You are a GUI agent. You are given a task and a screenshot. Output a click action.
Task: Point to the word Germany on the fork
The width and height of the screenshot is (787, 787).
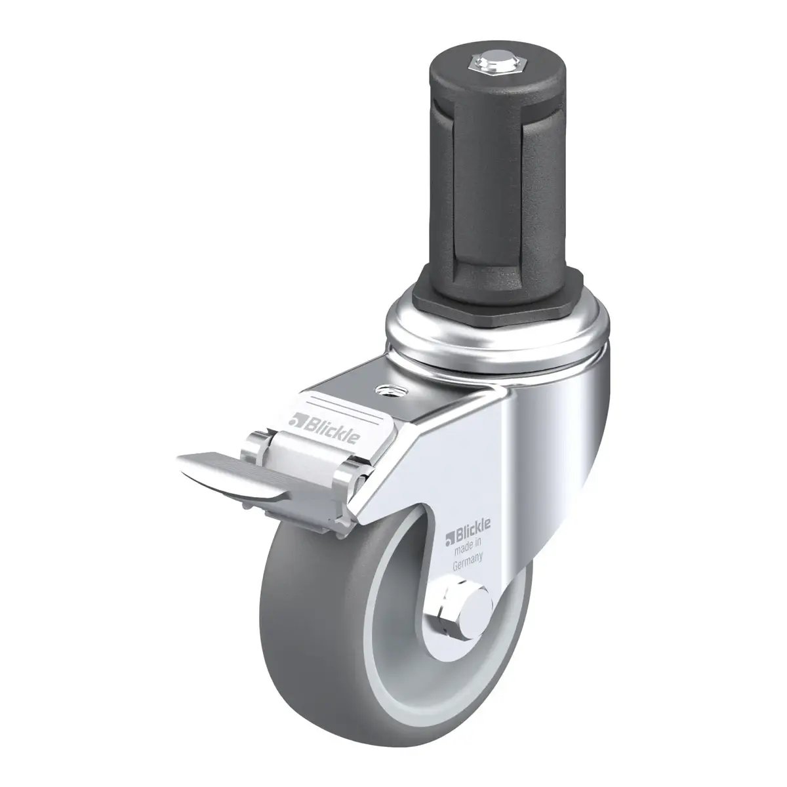point(468,562)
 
